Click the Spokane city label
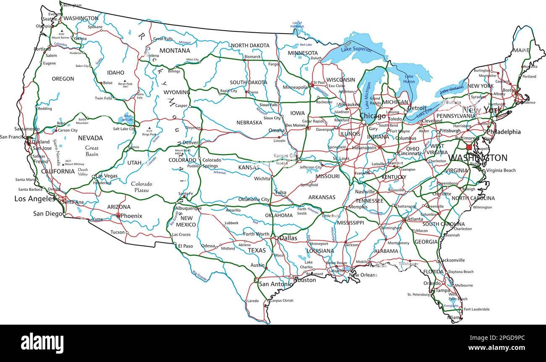point(95,27)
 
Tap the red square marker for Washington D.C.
point(469,147)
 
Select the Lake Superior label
point(356,49)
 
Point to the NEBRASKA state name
point(249,122)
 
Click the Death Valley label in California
point(83,172)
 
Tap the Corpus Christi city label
point(282,301)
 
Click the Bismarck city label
point(253,56)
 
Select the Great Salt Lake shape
point(127,119)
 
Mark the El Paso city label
point(185,246)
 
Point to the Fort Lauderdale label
point(477,309)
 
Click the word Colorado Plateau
point(142,187)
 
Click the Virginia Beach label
point(501,170)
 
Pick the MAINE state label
point(521,50)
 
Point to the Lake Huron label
point(409,79)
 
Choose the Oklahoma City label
point(254,200)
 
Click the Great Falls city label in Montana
point(163,39)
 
